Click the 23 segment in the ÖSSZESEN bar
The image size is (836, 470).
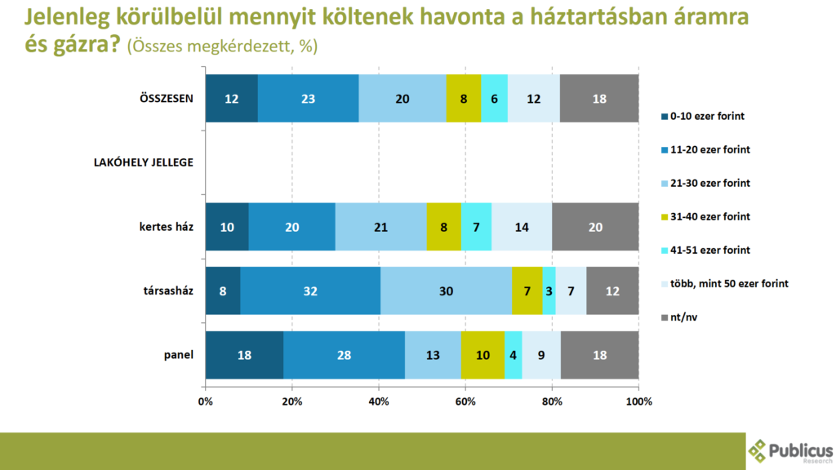[308, 99]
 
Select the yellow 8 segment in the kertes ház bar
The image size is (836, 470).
[443, 227]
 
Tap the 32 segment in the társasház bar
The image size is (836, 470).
[310, 291]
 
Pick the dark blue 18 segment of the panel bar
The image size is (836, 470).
[244, 356]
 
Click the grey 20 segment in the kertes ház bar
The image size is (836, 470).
[595, 227]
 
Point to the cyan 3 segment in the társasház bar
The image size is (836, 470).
[549, 291]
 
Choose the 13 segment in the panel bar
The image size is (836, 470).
[433, 356]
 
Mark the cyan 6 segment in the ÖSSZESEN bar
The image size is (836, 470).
[494, 99]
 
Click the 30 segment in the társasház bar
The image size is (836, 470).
[446, 291]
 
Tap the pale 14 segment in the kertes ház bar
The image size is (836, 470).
[522, 227]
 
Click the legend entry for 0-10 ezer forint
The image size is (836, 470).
[706, 116]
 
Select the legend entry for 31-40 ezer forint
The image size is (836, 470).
[709, 216]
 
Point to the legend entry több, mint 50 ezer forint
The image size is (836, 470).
[723, 284]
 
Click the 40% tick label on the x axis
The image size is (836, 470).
[379, 401]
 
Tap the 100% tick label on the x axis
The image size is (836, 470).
[638, 401]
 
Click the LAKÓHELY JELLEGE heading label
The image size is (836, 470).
[145, 162]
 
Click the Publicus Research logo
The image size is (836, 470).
[789, 450]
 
